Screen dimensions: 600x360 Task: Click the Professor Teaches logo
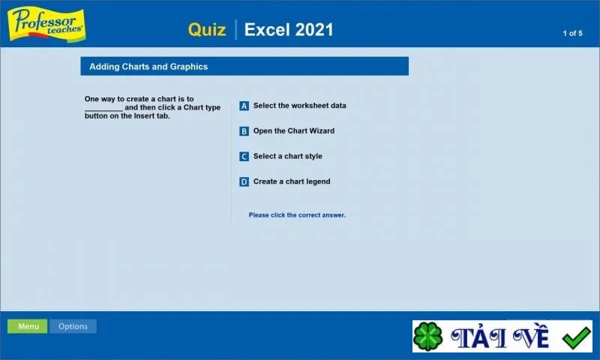tap(46, 24)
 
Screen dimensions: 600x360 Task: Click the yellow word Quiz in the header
tap(207, 29)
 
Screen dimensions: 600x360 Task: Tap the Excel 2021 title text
tap(289, 29)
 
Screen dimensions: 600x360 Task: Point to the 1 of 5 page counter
tap(572, 33)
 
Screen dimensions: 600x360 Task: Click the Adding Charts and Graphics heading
tap(148, 67)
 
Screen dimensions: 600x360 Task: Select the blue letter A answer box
tap(244, 106)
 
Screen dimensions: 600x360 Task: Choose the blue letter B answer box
tap(244, 131)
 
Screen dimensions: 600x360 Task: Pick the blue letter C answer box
tap(244, 157)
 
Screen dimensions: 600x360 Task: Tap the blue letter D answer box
tap(244, 181)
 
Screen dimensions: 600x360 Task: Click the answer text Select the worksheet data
tap(299, 106)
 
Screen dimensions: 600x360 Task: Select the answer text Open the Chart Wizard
tap(294, 130)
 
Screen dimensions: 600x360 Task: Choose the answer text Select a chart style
tap(288, 156)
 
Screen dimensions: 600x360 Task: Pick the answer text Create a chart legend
tap(292, 181)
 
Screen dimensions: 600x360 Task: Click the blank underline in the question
tap(103, 110)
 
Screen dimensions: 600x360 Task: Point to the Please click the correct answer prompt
tap(297, 215)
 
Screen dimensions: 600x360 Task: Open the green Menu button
tap(28, 326)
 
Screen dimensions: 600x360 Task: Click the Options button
tap(73, 326)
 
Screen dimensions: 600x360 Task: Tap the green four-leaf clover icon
tap(427, 336)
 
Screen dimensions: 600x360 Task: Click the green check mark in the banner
tap(576, 337)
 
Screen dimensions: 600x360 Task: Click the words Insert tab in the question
tap(151, 116)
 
